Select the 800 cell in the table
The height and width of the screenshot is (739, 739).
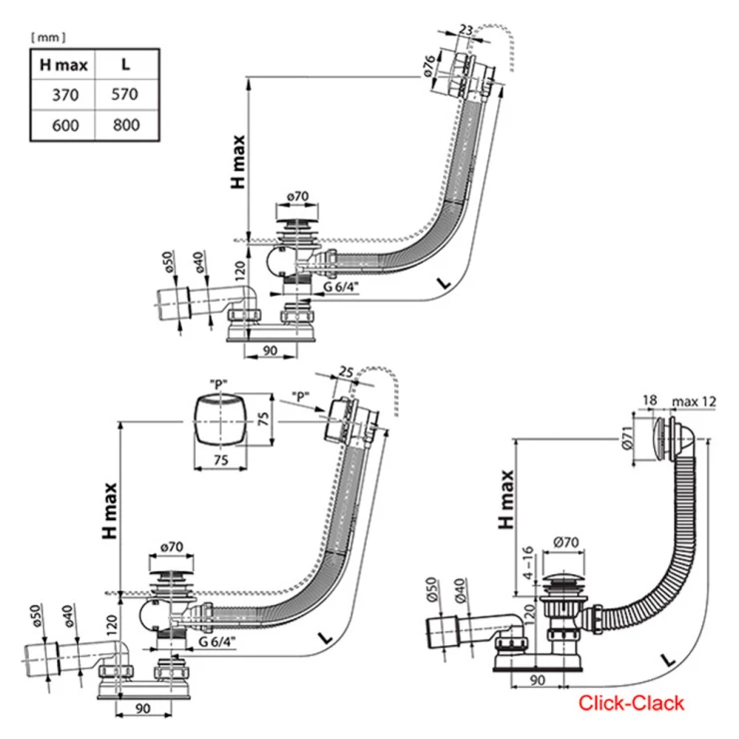coord(124,125)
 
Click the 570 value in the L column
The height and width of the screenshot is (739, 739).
coord(124,95)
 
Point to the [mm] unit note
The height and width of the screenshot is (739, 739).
coord(49,37)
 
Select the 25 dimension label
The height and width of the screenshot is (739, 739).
coord(346,371)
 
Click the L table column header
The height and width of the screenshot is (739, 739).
coord(124,66)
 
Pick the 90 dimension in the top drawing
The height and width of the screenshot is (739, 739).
coord(270,350)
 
